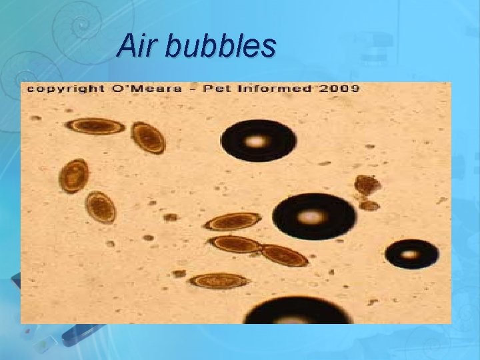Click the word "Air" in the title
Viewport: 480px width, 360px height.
point(138,46)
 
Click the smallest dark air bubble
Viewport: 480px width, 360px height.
point(411,254)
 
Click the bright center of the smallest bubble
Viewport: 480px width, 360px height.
point(411,254)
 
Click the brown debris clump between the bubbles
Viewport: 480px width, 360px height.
point(366,190)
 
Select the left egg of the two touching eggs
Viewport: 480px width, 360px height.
point(234,244)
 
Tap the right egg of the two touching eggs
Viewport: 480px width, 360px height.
point(284,255)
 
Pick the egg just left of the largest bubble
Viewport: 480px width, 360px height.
point(232,221)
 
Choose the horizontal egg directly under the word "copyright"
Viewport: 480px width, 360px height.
point(95,126)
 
